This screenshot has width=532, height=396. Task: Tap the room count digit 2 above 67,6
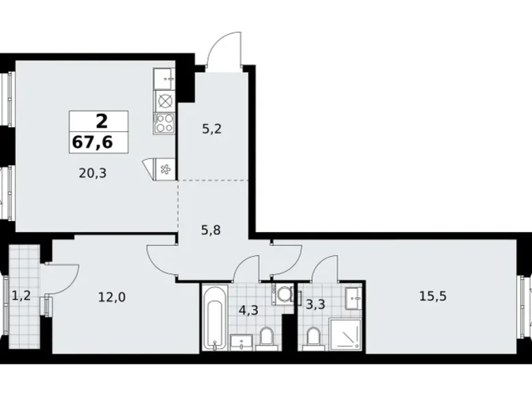pyautogui.click(x=101, y=122)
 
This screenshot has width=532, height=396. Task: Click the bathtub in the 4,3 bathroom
pyautogui.click(x=215, y=317)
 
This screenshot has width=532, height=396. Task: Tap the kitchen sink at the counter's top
pyautogui.click(x=164, y=79)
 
